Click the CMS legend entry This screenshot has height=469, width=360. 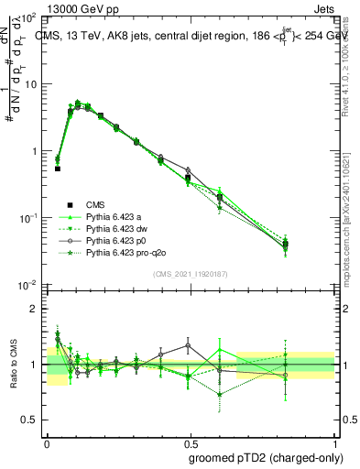pyautogui.click(x=94, y=204)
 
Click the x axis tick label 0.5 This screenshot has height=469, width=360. pyautogui.click(x=190, y=442)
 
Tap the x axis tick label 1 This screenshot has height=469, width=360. pyautogui.click(x=333, y=442)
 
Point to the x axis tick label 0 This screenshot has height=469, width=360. pyautogui.click(x=47, y=442)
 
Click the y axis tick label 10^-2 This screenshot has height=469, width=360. pyautogui.click(x=27, y=285)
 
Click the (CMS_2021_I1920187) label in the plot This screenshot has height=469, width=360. pyautogui.click(x=190, y=274)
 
